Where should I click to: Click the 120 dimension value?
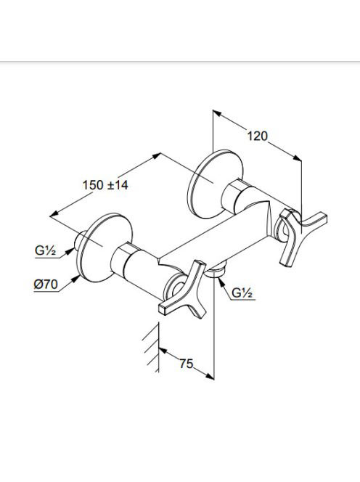point(258,136)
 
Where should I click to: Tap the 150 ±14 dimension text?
point(105,185)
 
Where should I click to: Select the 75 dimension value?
point(187,364)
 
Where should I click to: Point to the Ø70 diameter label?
point(46,285)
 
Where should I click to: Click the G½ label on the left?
point(45,251)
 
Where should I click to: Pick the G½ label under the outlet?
point(242,293)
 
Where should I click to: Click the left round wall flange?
point(105,247)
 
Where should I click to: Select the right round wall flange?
point(215,184)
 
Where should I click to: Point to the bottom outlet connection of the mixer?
point(217,270)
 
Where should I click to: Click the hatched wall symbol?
point(151,348)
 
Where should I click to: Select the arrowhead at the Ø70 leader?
point(75,279)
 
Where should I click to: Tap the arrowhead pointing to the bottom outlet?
point(221,282)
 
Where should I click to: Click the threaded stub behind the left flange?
point(78,240)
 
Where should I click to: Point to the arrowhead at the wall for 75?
point(163,351)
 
